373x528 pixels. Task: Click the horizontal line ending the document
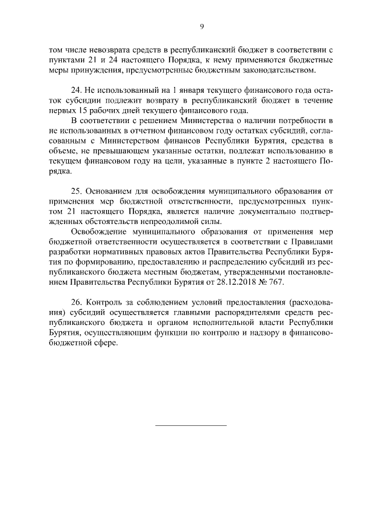tap(191, 425)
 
